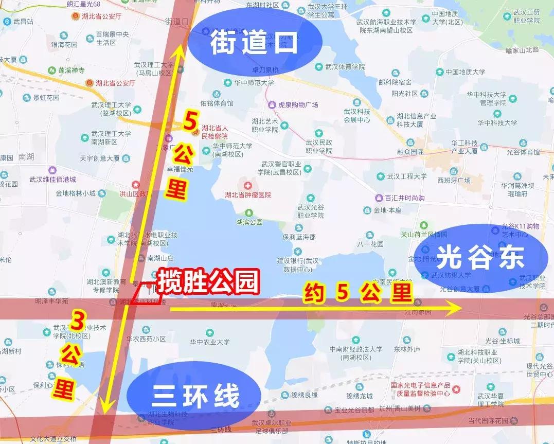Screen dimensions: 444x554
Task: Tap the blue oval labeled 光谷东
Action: pos(480,256)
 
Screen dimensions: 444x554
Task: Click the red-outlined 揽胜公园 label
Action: pos(207,282)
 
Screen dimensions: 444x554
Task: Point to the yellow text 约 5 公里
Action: pos(358,293)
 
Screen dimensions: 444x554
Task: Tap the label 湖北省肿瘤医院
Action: pos(248,195)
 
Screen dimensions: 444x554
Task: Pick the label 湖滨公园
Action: pos(249,222)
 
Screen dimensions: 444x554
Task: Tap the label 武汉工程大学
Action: pos(406,176)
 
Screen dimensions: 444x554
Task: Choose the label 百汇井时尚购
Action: pos(405,198)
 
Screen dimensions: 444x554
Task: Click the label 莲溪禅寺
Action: pos(71,70)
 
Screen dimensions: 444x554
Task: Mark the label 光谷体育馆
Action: pos(523,152)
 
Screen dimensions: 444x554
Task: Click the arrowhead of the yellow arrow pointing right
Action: pos(457,309)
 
